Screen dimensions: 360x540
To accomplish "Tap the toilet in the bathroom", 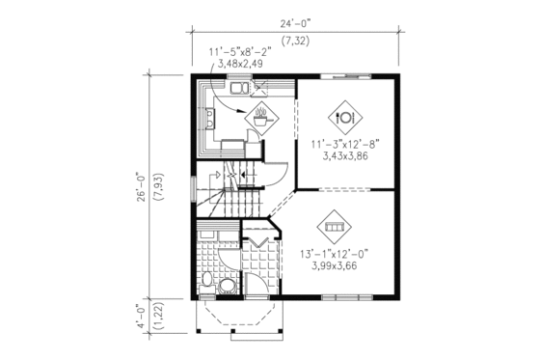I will click(208, 281).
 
